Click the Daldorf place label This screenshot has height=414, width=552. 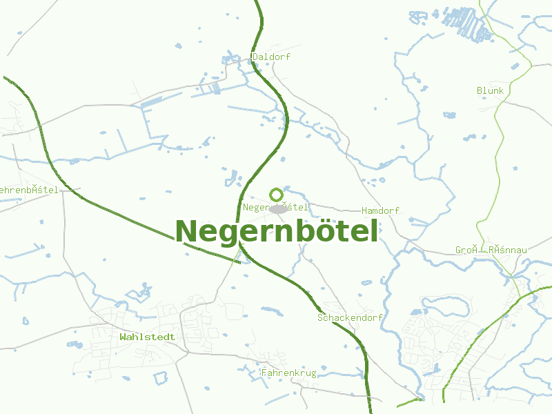point(271,57)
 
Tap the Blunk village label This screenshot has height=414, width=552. point(490,90)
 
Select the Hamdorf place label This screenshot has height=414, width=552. point(380,210)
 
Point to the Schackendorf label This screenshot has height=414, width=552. point(350,317)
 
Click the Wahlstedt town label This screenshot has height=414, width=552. point(147,337)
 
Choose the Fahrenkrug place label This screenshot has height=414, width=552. point(288,373)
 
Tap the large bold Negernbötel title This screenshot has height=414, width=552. point(277,231)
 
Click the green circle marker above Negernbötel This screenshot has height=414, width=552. point(277,195)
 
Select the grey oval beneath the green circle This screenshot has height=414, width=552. point(278,209)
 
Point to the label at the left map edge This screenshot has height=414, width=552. point(29,190)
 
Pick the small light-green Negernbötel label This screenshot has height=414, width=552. point(276,207)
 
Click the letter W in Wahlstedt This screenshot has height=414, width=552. point(123,337)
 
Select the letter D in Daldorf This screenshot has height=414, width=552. point(255,57)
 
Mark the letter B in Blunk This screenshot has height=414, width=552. point(480,90)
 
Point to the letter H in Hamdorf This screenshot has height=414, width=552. point(364,210)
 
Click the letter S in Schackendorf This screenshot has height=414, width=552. point(320,317)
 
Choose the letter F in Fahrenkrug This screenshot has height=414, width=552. point(264,373)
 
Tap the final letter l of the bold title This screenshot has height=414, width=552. point(374,230)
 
